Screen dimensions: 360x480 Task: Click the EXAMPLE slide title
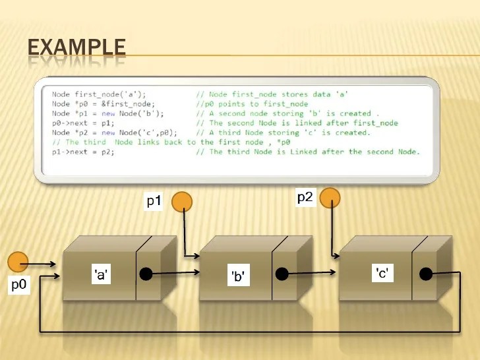(x=76, y=47)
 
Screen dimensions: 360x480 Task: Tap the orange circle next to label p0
(x=18, y=262)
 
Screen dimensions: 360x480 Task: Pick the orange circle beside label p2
(x=330, y=197)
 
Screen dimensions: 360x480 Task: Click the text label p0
(x=19, y=286)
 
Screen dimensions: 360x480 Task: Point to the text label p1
(x=154, y=202)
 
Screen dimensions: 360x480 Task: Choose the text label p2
(x=305, y=197)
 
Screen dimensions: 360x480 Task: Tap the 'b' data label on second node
(x=238, y=277)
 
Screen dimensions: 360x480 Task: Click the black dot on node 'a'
(x=146, y=273)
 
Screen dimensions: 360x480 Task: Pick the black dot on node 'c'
(x=426, y=274)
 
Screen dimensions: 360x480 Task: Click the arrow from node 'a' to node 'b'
(x=173, y=272)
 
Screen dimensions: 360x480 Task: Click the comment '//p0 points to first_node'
(x=252, y=104)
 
